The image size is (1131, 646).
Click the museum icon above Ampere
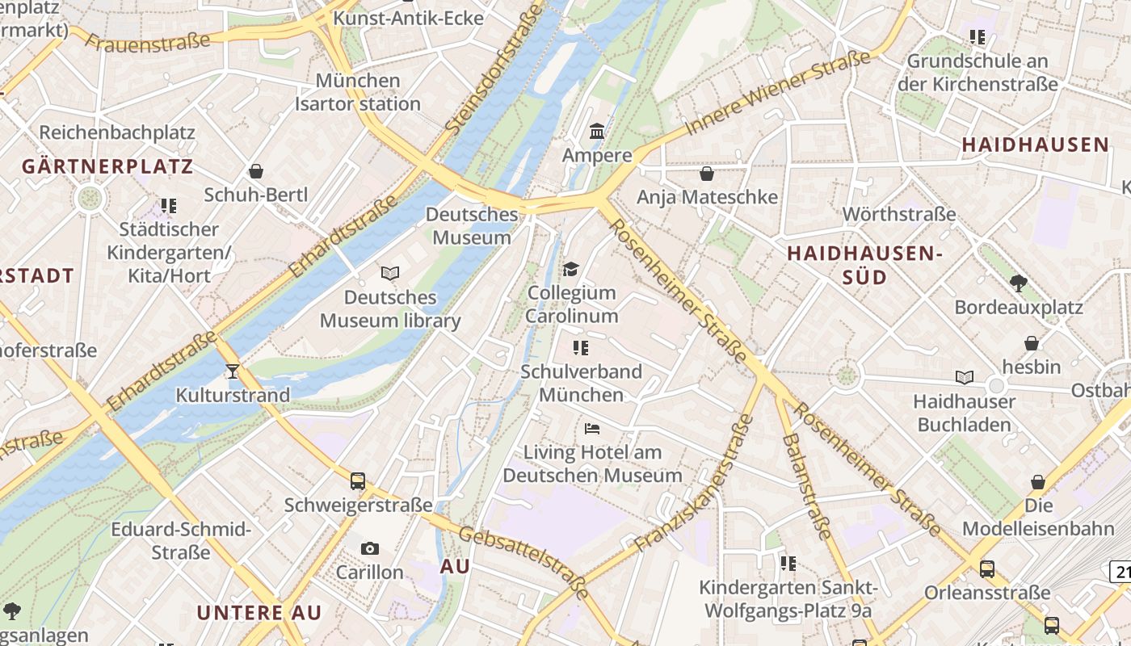[x=597, y=131]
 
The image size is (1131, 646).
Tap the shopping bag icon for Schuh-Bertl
[x=256, y=170]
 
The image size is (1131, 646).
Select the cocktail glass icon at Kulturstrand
[x=233, y=371]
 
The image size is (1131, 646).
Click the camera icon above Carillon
[x=370, y=548]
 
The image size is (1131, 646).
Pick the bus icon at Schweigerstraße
[x=358, y=481]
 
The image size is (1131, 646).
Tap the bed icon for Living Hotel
[x=592, y=428]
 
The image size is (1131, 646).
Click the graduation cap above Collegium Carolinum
[x=571, y=269]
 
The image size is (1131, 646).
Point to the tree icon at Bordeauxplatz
[x=1018, y=283]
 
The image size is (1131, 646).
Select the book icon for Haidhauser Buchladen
[x=964, y=377]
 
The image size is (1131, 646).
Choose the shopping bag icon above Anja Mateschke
[x=707, y=173]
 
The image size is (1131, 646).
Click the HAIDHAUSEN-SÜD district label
[x=864, y=265]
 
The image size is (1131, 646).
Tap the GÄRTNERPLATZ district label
[x=107, y=167]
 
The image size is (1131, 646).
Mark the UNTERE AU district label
[x=259, y=612]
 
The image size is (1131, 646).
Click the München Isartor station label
[x=358, y=92]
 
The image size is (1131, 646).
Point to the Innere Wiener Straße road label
[x=777, y=93]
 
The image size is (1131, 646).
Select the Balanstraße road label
[x=806, y=485]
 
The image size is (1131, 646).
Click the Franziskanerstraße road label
[x=695, y=484]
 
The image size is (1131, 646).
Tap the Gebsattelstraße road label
[x=524, y=561]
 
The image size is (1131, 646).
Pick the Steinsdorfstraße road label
[x=493, y=69]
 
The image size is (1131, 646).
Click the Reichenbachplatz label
[x=117, y=132]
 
